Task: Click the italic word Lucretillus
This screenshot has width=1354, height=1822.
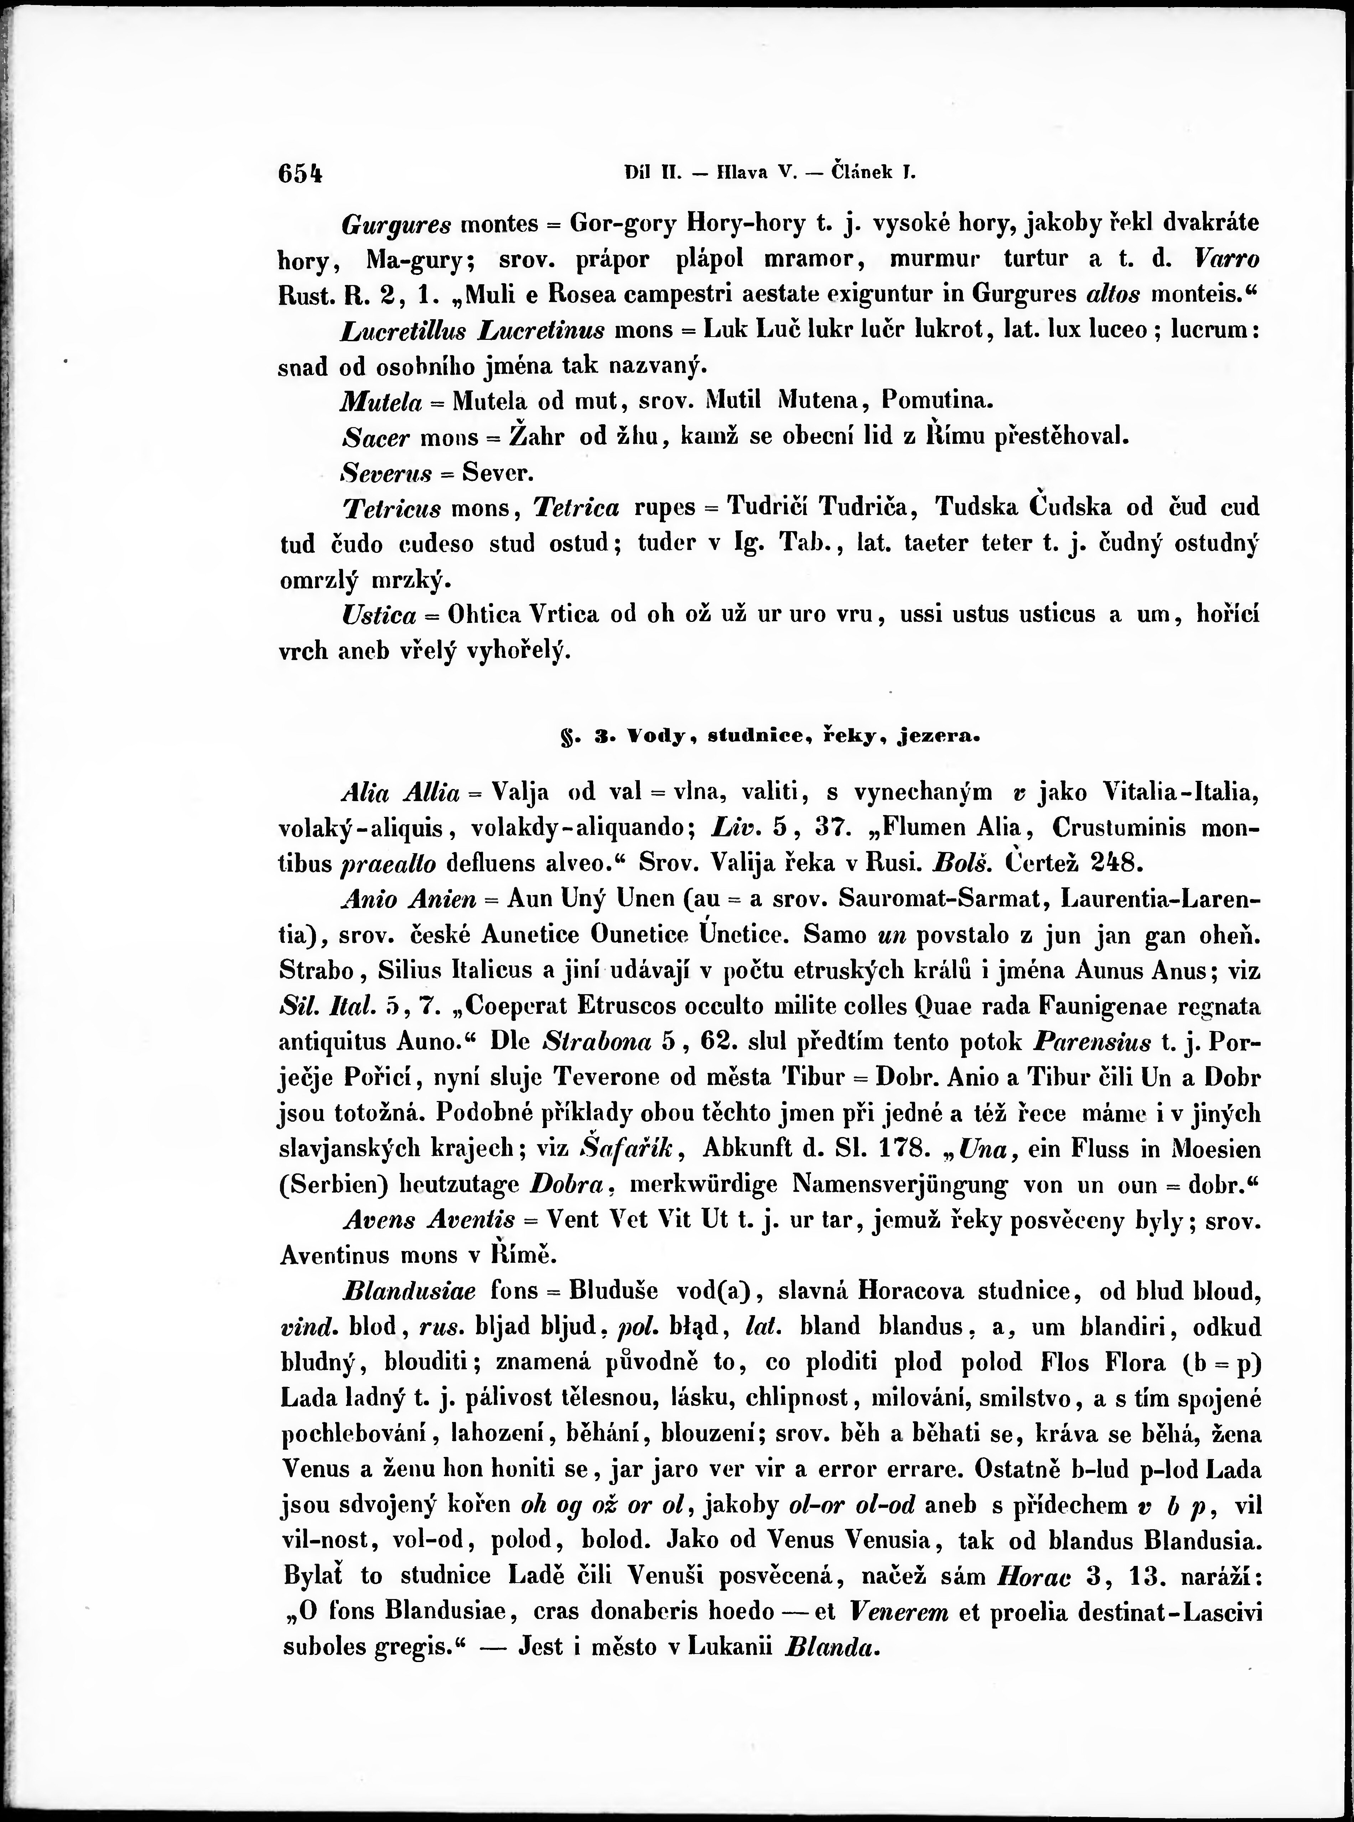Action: coord(403,330)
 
